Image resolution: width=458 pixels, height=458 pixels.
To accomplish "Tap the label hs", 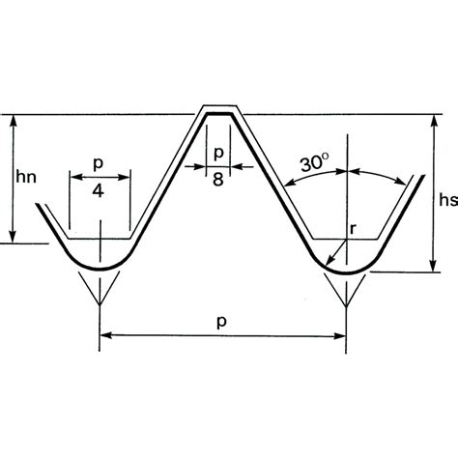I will tap(445, 200).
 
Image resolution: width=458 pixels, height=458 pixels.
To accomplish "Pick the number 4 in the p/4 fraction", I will tap(99, 191).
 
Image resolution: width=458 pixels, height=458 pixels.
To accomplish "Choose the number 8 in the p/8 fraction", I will tap(218, 180).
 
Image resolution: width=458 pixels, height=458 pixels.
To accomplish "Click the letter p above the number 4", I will tap(99, 164).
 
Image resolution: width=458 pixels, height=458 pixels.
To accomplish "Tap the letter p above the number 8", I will tap(218, 153).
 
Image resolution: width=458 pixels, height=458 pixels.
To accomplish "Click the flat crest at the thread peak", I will tap(220, 113).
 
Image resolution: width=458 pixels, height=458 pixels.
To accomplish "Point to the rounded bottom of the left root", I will tap(99, 268).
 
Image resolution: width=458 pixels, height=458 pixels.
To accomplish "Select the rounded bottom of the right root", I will tap(345, 273).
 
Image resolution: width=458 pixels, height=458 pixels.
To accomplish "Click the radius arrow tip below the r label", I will tap(329, 263).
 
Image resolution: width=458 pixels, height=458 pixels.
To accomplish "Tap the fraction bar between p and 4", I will tap(99, 177).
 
